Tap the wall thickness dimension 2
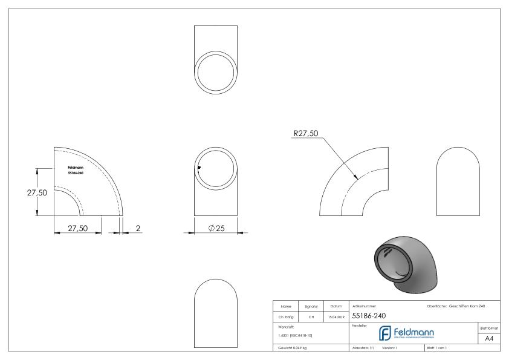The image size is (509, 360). (x=137, y=228)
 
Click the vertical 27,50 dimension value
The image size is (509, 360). (x=20, y=192)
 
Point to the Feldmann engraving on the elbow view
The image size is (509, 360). (x=75, y=170)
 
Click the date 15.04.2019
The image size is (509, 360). (x=336, y=316)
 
